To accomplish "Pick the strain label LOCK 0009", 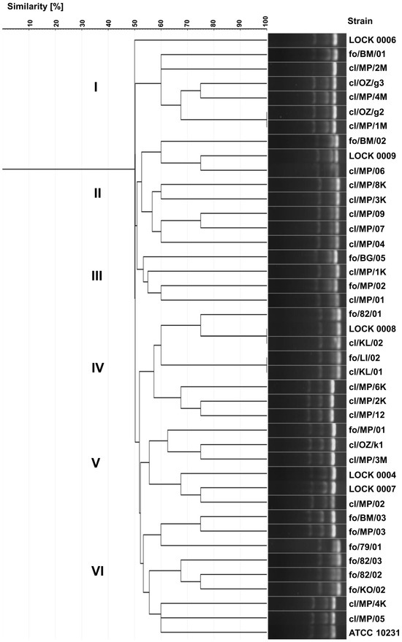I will pyautogui.click(x=371, y=156).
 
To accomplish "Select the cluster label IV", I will pyautogui.click(x=96, y=368).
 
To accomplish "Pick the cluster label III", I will pyautogui.click(x=96, y=276).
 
